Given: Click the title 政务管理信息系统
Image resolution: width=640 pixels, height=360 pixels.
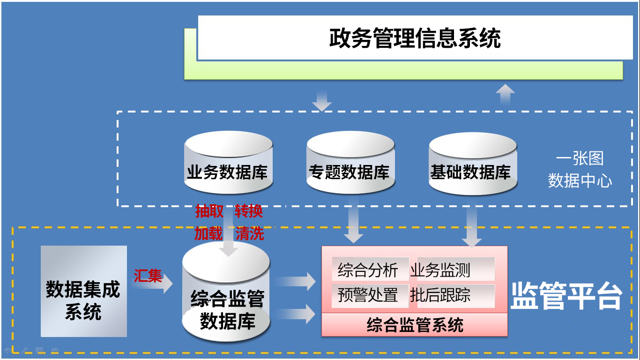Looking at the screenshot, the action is (415, 38).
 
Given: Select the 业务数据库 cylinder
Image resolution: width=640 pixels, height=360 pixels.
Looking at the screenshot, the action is (228, 162).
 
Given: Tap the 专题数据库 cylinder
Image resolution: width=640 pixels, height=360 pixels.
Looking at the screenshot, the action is (350, 162).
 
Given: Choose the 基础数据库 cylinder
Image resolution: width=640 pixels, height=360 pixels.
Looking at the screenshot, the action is (473, 164).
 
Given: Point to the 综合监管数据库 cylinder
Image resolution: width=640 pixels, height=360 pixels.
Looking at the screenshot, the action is (226, 292).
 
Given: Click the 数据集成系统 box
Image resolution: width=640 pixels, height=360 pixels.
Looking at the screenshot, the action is (84, 291).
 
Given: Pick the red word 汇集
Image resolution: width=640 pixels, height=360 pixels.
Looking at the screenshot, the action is (148, 276).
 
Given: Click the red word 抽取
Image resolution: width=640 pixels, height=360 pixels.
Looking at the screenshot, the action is (209, 211).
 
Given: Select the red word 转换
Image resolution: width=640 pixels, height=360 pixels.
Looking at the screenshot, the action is (249, 211).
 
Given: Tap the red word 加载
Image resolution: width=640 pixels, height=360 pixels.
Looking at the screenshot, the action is (208, 233).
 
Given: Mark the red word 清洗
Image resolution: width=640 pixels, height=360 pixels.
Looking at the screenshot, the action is (250, 233).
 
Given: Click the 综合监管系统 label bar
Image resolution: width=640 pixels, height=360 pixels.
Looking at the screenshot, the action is (415, 325).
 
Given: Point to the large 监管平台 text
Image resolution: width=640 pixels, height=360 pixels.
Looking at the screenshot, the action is (566, 296).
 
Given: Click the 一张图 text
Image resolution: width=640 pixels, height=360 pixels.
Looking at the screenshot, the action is (580, 158).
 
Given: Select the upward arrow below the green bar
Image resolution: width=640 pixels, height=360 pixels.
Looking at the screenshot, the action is (505, 95).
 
